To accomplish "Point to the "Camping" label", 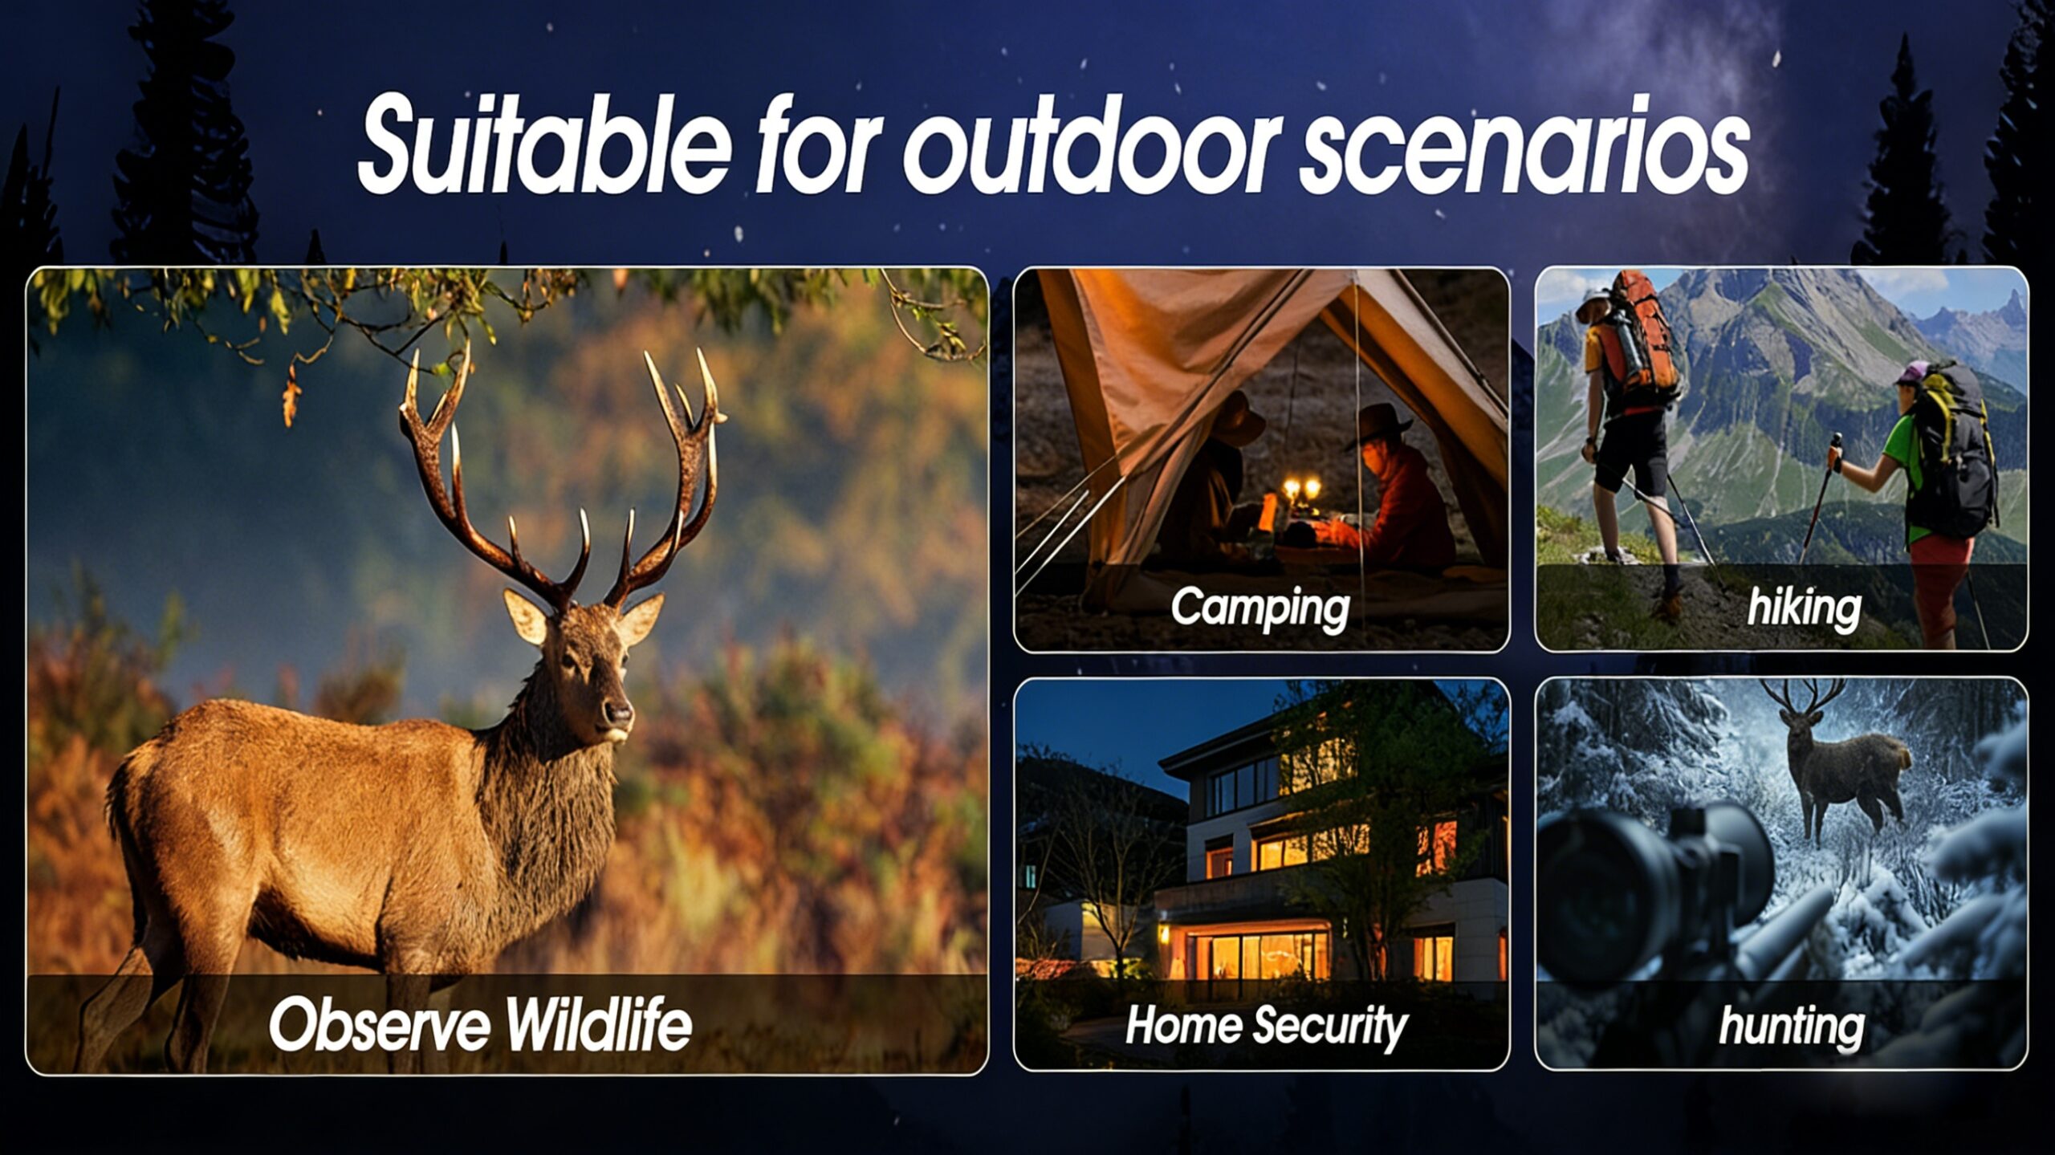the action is tap(1260, 608).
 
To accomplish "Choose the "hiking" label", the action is tap(1804, 607).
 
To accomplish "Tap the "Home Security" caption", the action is tap(1266, 1026).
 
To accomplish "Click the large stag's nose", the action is tap(618, 711).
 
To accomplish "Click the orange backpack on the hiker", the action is tap(1638, 341).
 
